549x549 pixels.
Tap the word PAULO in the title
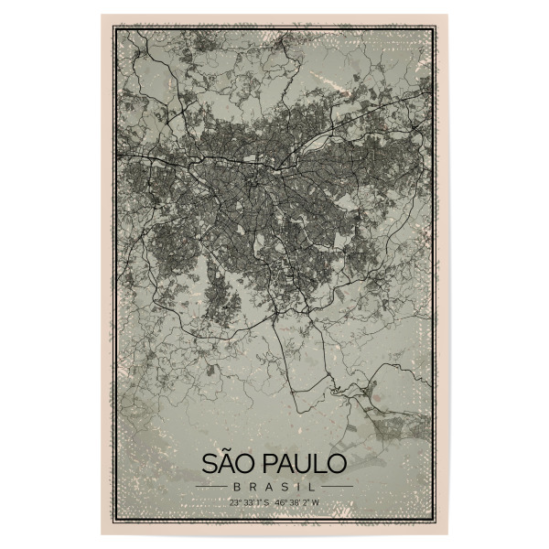298,463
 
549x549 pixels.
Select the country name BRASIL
274,486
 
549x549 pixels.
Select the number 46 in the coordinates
284,502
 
